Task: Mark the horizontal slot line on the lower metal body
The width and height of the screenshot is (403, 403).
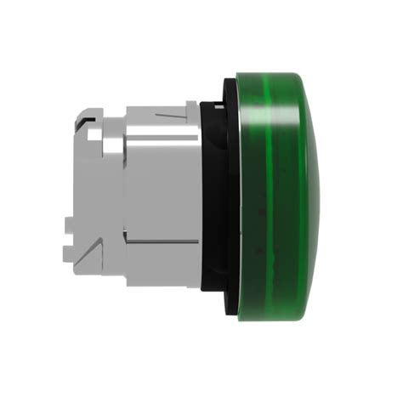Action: coord(162,263)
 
